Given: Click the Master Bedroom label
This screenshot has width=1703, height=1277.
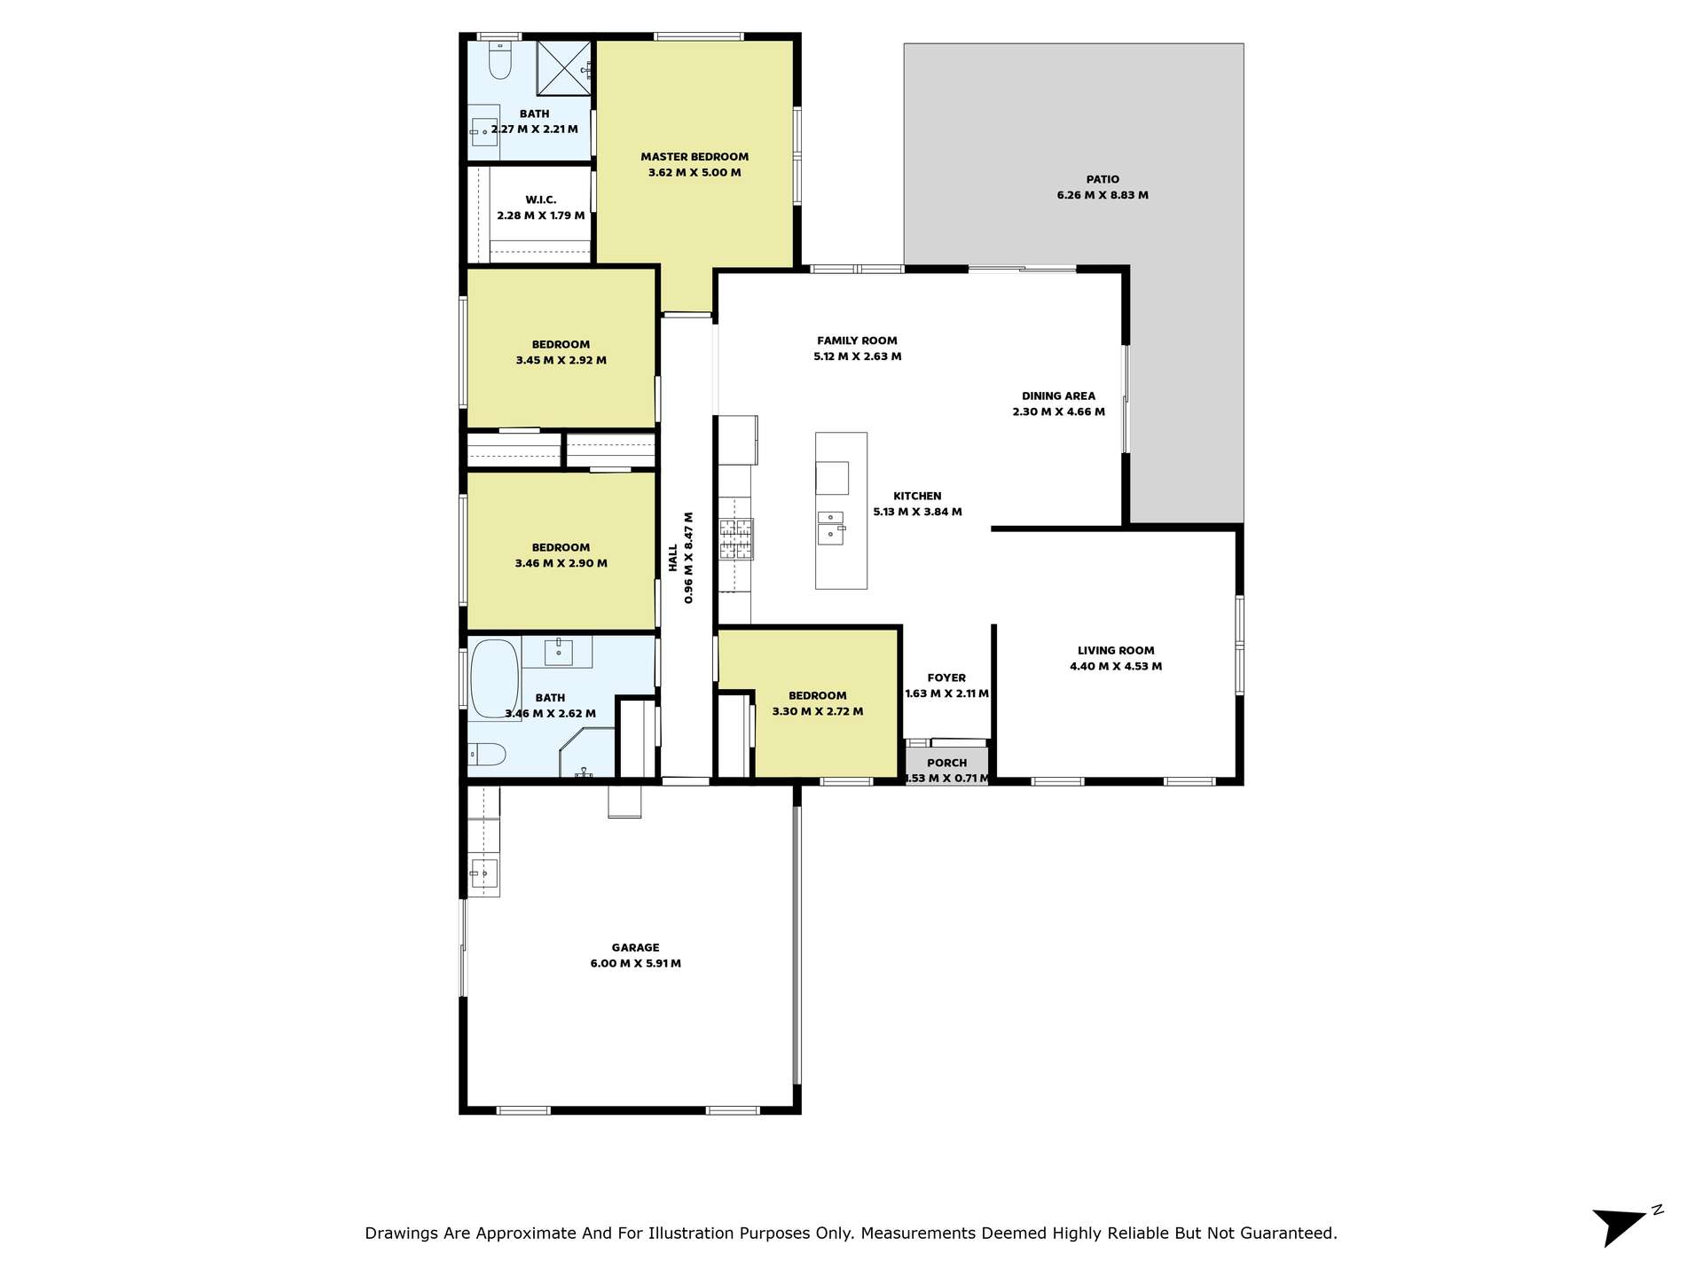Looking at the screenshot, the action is coord(695,157).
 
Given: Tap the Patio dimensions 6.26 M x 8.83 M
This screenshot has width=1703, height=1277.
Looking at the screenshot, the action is coord(1103,195).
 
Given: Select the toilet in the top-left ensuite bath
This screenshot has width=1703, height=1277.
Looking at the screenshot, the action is coord(500,59).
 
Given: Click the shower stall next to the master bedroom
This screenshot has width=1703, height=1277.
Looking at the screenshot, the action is coord(564,67).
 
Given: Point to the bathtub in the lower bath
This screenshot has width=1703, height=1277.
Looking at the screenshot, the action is coord(494,678).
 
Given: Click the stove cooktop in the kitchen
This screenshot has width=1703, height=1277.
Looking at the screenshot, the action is coord(736,539).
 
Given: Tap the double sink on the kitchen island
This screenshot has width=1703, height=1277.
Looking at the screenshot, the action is coord(831,528).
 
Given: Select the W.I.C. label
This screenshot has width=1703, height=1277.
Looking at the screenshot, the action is coord(541,200).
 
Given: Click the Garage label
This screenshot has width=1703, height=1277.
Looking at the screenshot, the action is coord(636,948).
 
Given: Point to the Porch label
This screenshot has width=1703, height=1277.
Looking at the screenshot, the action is coord(947,763).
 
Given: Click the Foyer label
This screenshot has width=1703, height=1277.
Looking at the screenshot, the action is coord(946,678).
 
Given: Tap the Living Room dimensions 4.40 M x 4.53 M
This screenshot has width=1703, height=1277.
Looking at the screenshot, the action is coord(1116,666).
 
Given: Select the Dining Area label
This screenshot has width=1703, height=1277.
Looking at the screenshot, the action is coord(1058,396).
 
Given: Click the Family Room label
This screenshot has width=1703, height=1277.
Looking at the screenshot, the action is coord(857,341).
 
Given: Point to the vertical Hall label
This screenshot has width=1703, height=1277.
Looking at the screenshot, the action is coord(673,558).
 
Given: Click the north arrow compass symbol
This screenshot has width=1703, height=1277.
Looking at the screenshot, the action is coord(1622,1226).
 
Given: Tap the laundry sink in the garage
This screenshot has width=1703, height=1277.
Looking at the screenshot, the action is coord(483,874).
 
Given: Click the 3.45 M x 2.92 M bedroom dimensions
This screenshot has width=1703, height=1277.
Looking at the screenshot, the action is coord(561,360).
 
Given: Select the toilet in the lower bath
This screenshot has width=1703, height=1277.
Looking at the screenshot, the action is coord(487,754).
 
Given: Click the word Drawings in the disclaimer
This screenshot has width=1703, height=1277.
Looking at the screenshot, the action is coord(401,1234).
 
